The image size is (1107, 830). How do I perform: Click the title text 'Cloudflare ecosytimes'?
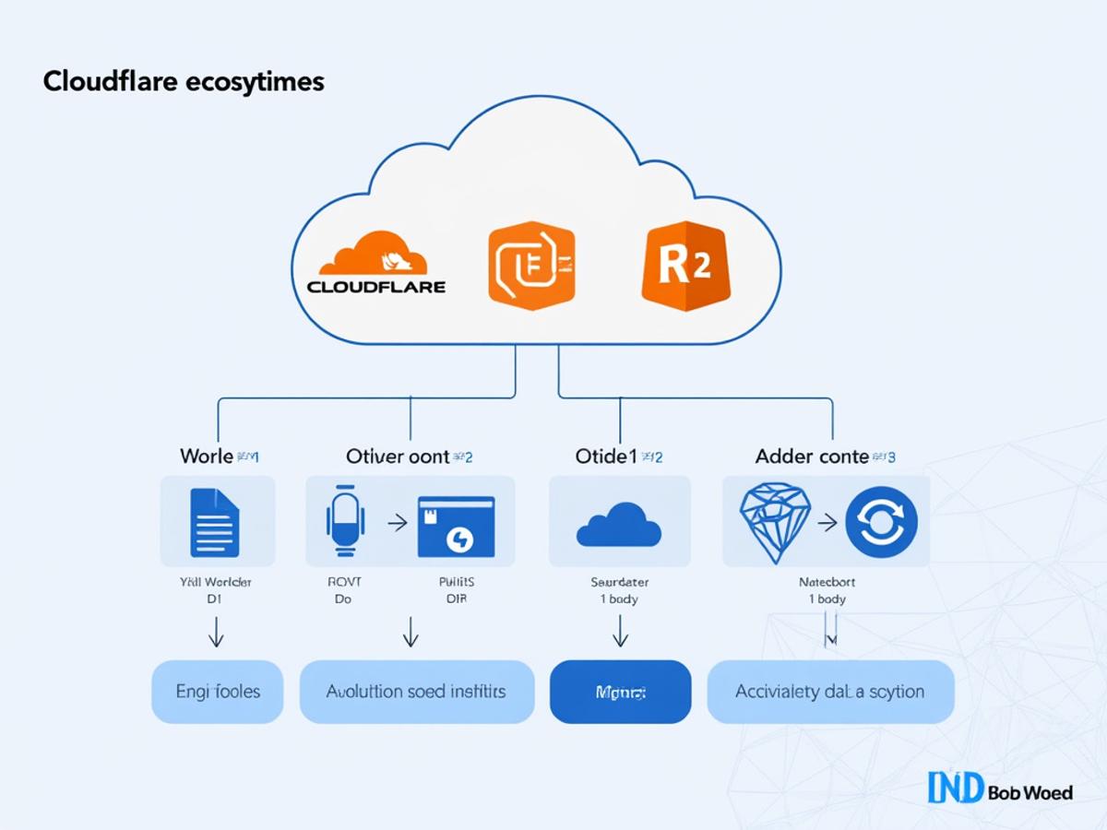184,81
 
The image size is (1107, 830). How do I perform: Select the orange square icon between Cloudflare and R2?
531,265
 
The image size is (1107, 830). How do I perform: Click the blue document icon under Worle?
214,522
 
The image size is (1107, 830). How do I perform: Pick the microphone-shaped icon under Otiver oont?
346,521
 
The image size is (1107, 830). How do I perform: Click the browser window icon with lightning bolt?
456,526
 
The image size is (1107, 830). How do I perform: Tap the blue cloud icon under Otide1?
618,525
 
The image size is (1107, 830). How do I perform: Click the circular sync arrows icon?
881,522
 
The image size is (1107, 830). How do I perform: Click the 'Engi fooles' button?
218,692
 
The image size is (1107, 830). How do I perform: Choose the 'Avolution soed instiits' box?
417,692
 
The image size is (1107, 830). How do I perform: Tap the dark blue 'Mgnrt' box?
620,692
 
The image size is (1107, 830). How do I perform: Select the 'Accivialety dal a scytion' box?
830,692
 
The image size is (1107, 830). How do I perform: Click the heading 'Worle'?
208,456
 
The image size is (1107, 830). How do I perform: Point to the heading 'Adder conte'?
812,456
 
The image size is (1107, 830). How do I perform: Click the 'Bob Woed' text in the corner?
1030,791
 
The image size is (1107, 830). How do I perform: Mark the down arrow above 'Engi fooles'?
217,632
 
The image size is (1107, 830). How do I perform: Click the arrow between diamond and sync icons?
827,523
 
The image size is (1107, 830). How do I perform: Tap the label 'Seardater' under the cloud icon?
619,582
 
